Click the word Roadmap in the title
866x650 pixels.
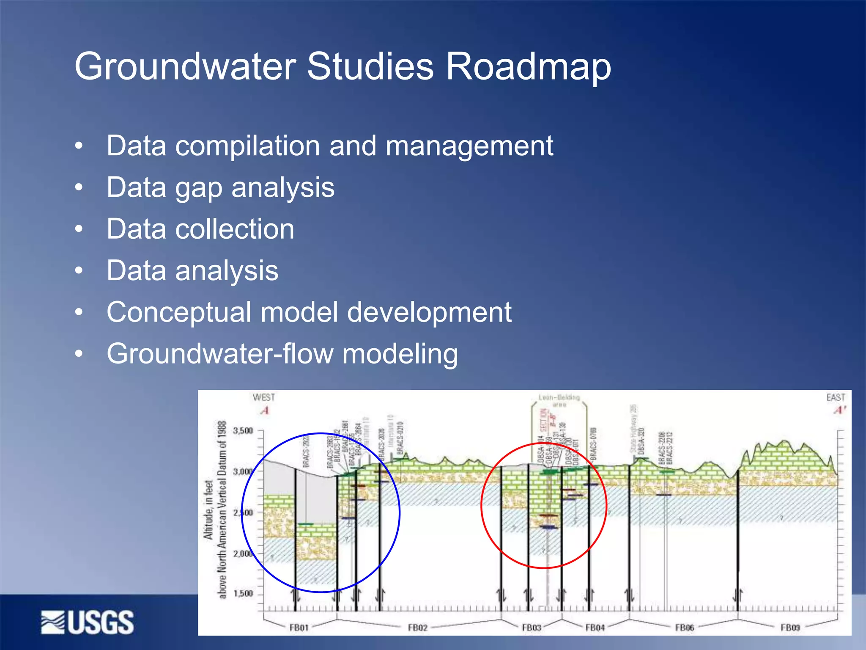528,67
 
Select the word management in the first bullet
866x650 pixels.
469,146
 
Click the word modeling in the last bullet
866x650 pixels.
400,354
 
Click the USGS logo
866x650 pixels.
88,622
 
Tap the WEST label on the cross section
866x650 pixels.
264,397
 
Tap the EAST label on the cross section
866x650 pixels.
836,397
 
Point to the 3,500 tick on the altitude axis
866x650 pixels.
243,431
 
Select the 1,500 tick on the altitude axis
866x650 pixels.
243,594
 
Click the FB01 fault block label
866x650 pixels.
299,628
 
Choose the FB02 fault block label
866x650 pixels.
418,628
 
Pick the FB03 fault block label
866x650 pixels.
532,628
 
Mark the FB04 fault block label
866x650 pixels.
595,628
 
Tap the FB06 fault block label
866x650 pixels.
685,628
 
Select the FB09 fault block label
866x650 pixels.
790,628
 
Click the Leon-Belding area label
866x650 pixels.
559,400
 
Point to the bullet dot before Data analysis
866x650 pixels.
79,271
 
